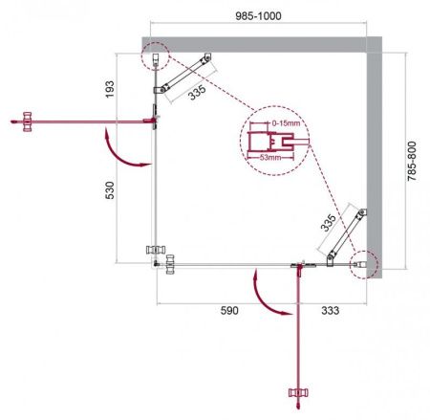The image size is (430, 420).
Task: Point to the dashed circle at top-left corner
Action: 155,58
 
